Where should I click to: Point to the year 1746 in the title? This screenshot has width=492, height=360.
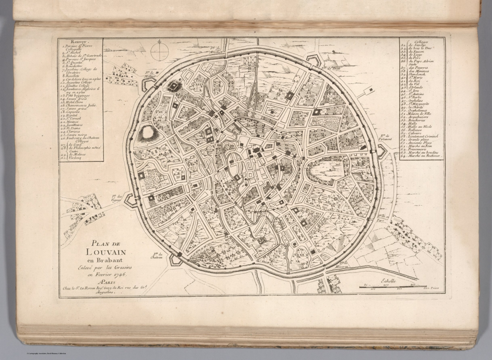point(121,275)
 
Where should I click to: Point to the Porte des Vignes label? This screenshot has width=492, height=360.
point(117,198)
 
